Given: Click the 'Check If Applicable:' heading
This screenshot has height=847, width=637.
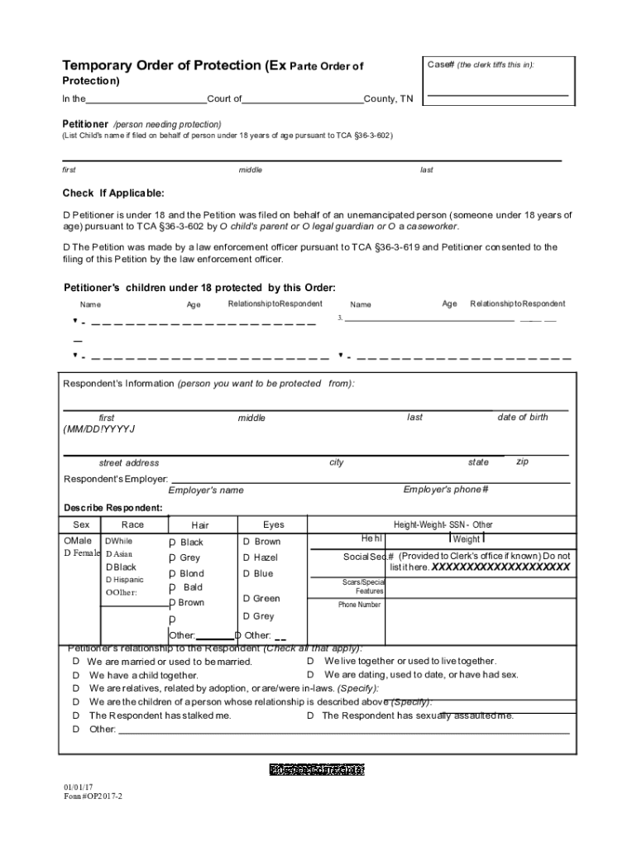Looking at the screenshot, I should point(113,194).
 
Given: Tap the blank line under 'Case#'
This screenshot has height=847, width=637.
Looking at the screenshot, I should point(497,96).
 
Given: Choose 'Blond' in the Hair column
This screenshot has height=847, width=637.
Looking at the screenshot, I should point(191,573).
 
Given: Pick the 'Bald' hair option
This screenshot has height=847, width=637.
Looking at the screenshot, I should point(193,587).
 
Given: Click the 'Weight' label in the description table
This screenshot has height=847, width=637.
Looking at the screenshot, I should point(467,539).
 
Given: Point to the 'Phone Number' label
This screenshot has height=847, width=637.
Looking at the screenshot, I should point(359,605).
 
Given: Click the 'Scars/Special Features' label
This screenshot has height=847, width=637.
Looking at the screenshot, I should point(363,586).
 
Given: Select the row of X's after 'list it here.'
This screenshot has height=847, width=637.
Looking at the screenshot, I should point(500,567).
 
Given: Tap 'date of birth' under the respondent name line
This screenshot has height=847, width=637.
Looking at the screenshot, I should point(522,417).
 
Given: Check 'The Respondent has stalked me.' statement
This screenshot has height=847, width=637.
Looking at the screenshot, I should point(160,715).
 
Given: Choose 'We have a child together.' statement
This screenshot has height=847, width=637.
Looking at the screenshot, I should point(143,675).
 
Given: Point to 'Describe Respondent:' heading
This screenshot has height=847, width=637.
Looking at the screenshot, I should point(113,507).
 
